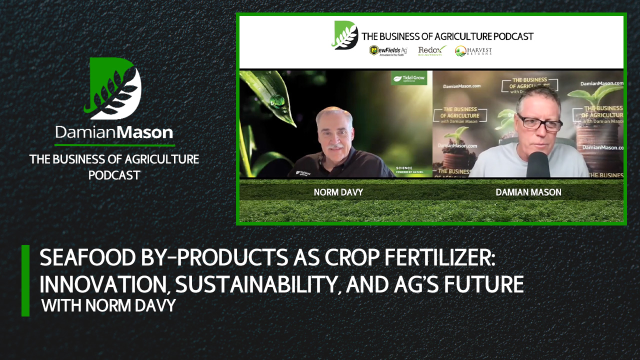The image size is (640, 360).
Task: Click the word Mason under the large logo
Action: tap(148, 132)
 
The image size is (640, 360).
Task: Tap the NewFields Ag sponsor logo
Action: tap(388, 50)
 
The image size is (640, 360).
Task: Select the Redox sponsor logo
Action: tap(431, 50)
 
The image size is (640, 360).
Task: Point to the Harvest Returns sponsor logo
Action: tap(473, 50)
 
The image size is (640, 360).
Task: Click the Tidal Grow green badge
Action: tap(408, 78)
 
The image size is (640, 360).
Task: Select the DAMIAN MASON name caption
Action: tap(528, 192)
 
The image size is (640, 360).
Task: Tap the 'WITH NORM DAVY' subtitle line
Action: tap(108, 305)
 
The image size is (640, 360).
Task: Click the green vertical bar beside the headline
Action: tap(25, 280)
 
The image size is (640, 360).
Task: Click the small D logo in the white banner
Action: tap(345, 35)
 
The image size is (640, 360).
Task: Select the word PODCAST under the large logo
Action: tap(114, 175)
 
